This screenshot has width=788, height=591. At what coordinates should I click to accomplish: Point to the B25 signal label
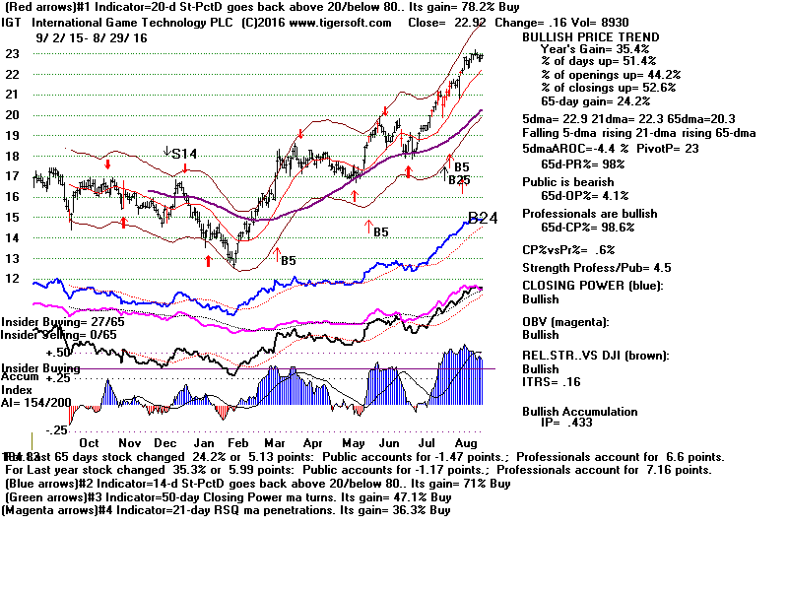[459, 180]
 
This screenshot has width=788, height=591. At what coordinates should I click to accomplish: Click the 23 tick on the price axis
[14, 54]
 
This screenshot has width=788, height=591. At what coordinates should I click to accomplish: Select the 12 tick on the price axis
[14, 279]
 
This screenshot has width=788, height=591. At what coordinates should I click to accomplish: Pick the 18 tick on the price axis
[14, 156]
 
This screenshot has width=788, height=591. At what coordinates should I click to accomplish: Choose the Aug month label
[466, 417]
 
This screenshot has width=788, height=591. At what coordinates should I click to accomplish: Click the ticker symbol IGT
[15, 22]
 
